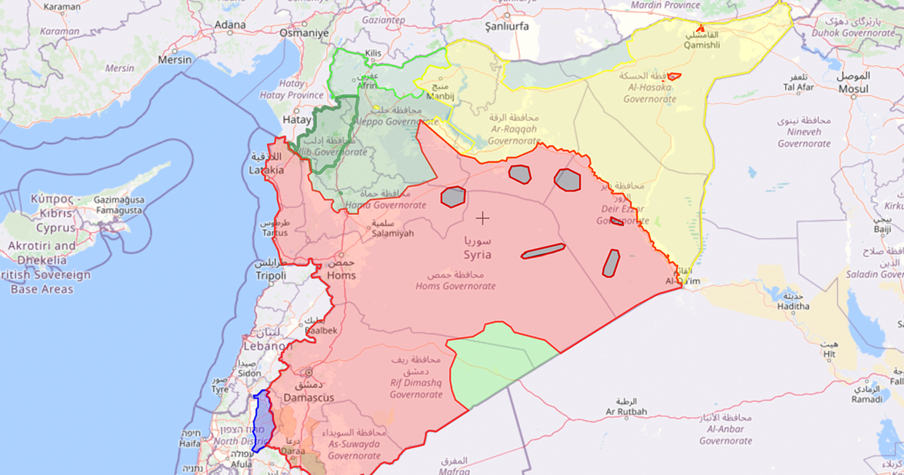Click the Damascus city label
coord(308,397)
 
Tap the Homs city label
coord(342,275)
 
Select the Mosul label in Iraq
coord(854,88)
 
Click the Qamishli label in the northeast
coord(701,44)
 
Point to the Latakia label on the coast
coord(267,170)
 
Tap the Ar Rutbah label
coord(625,412)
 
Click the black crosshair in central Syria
coord(482,218)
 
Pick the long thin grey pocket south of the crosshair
coord(542,251)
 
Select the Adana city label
coord(230,25)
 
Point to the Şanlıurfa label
coord(506,26)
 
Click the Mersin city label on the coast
coord(176,59)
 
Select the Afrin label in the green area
coord(368,86)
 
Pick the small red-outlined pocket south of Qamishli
coord(674,76)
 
